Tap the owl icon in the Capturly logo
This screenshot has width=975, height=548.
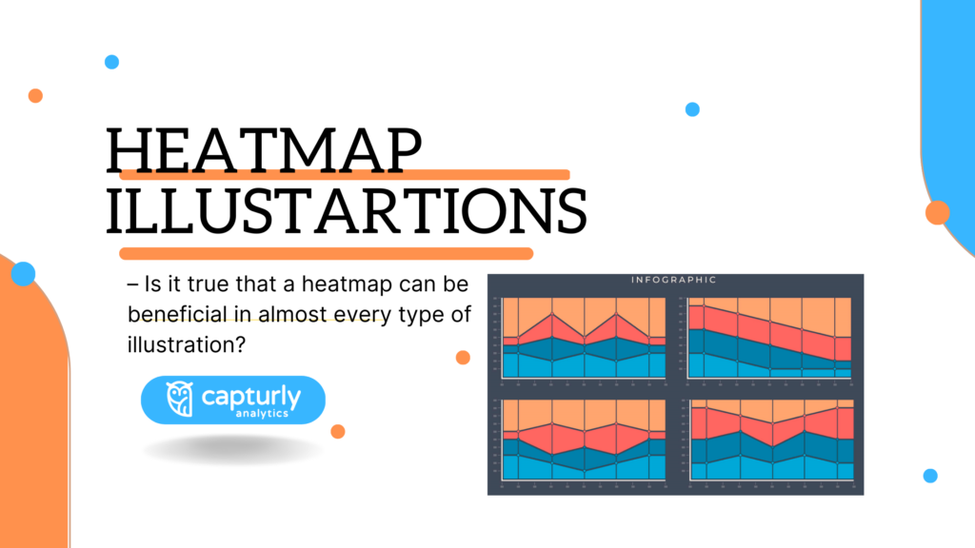point(179,400)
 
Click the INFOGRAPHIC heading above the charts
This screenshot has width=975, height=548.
point(674,281)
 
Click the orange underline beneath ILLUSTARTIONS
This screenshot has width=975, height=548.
point(324,253)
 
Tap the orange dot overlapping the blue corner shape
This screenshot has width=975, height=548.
point(938,212)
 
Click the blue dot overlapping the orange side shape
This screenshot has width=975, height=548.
point(23,274)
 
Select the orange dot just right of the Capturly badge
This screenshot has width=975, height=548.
point(337,431)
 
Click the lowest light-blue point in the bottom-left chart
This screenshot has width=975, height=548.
point(584,470)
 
